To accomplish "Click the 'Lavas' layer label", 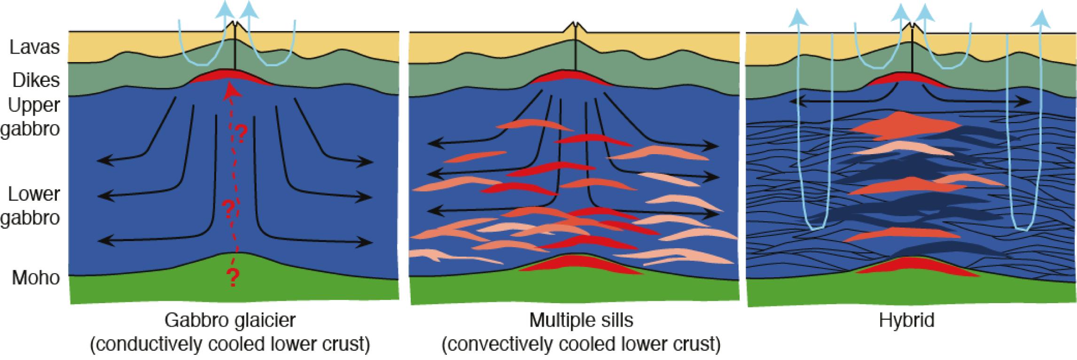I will [x=35, y=47].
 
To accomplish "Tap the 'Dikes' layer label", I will [x=36, y=80].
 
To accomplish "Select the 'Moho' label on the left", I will [x=36, y=278].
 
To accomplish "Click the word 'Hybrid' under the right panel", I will [x=906, y=321].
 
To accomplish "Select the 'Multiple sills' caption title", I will [x=581, y=321].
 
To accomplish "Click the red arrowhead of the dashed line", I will [x=230, y=93].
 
